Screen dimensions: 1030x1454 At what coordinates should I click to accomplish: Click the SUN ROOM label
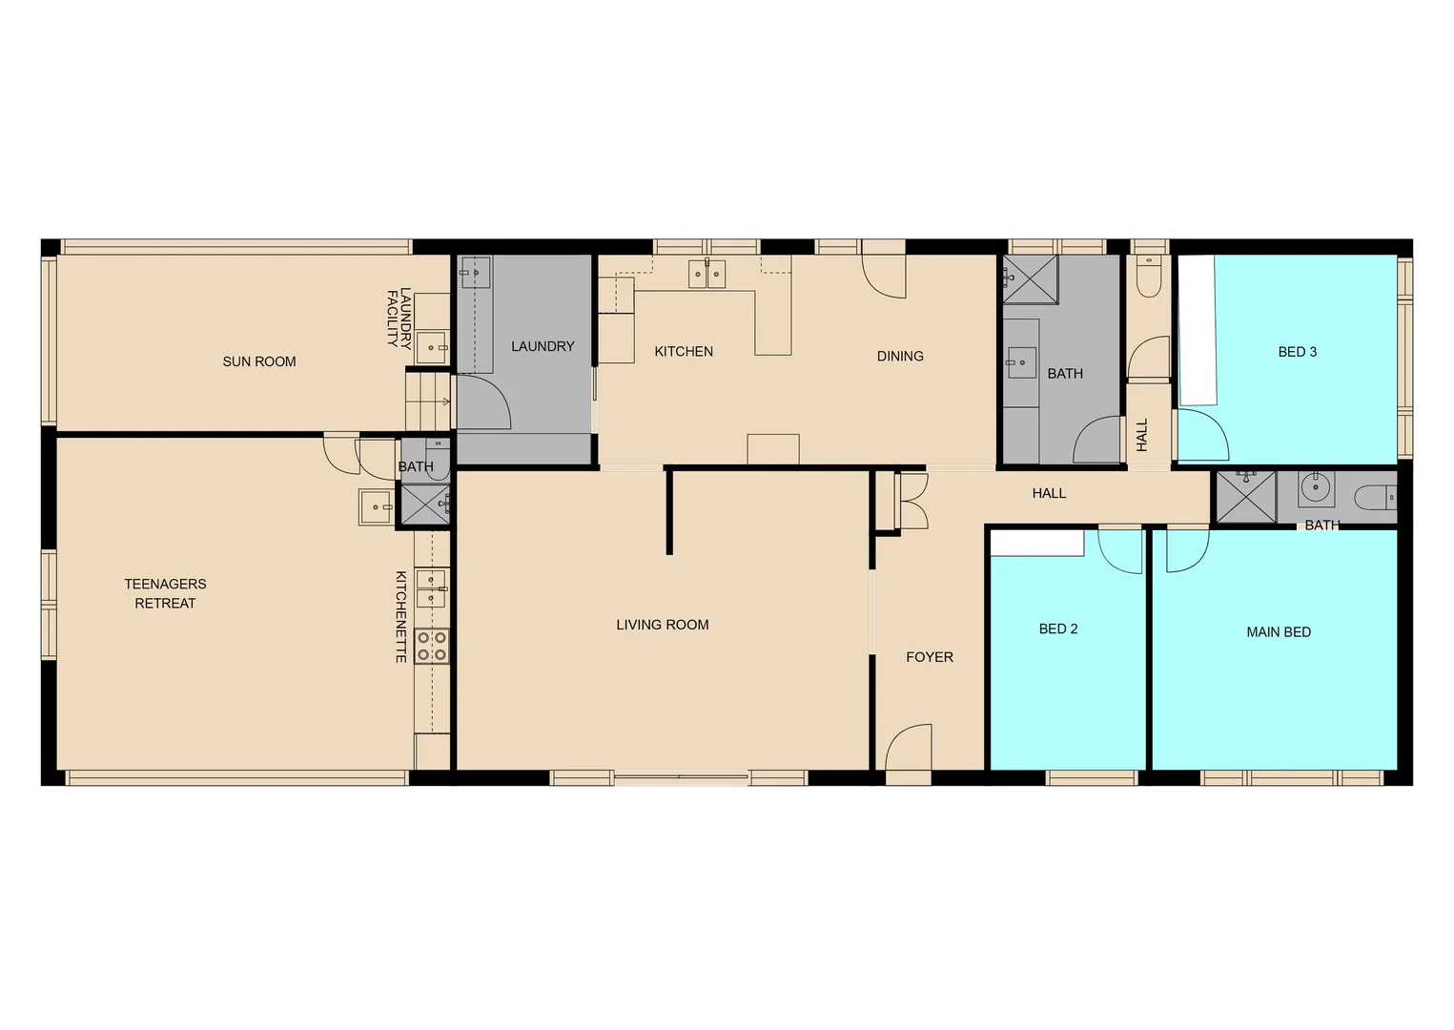pyautogui.click(x=259, y=361)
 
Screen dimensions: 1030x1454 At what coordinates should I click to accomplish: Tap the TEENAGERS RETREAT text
pyautogui.click(x=165, y=593)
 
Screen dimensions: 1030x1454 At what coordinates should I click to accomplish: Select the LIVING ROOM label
pyautogui.click(x=662, y=625)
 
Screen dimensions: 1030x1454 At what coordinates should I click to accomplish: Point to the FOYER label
pyautogui.click(x=929, y=657)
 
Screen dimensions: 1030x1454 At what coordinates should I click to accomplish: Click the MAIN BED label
pyautogui.click(x=1278, y=631)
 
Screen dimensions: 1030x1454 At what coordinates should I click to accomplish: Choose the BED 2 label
pyautogui.click(x=1058, y=628)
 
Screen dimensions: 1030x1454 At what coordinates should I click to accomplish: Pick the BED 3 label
pyautogui.click(x=1297, y=352)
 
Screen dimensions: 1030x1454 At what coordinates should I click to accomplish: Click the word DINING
pyautogui.click(x=899, y=356)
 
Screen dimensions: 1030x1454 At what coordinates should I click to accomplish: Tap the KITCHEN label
pyautogui.click(x=683, y=351)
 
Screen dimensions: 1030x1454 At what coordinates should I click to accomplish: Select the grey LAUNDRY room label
pyautogui.click(x=543, y=346)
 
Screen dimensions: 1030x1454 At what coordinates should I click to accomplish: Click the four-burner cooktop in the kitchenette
pyautogui.click(x=431, y=646)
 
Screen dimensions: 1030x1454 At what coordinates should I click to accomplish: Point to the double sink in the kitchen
pyautogui.click(x=707, y=274)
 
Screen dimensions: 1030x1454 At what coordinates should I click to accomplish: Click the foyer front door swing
pyautogui.click(x=909, y=747)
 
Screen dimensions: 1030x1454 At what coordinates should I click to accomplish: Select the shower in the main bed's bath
pyautogui.click(x=1246, y=497)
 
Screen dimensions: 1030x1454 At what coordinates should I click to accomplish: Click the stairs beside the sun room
pyautogui.click(x=428, y=402)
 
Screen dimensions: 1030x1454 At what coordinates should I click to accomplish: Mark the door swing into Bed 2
pyautogui.click(x=1120, y=550)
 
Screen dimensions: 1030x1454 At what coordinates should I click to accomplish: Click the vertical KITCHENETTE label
pyautogui.click(x=401, y=617)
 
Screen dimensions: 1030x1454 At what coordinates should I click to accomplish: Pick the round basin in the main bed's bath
pyautogui.click(x=1316, y=487)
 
